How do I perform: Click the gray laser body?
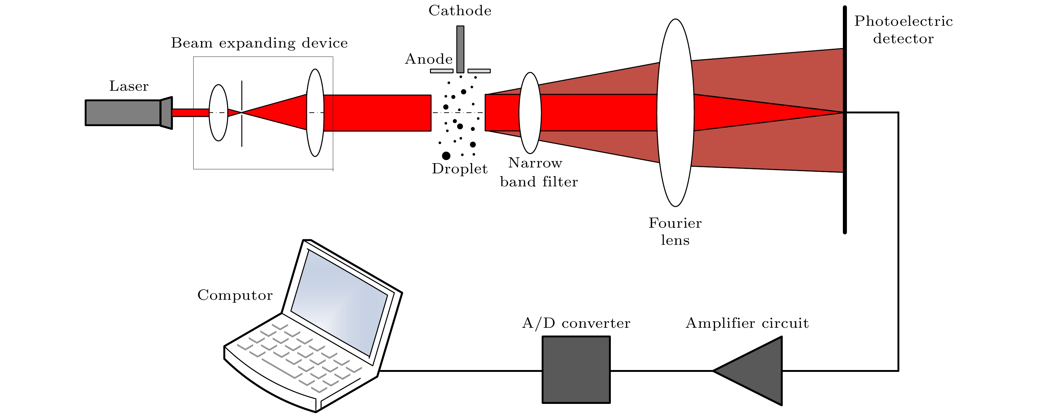(x=123, y=112)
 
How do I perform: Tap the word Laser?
(x=128, y=86)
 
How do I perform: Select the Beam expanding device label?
(x=259, y=43)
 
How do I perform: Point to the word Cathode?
(x=460, y=11)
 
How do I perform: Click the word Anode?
(x=429, y=59)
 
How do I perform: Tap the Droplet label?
(x=459, y=169)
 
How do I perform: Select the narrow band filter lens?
(x=530, y=113)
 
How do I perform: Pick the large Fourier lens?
(x=675, y=113)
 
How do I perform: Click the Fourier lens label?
(x=675, y=231)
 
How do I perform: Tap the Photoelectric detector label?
(x=903, y=30)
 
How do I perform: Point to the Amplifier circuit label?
(x=747, y=323)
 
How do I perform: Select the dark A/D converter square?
(x=576, y=370)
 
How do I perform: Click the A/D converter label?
(x=576, y=323)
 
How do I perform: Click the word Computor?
(x=235, y=295)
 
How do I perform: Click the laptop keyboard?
(x=298, y=355)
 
